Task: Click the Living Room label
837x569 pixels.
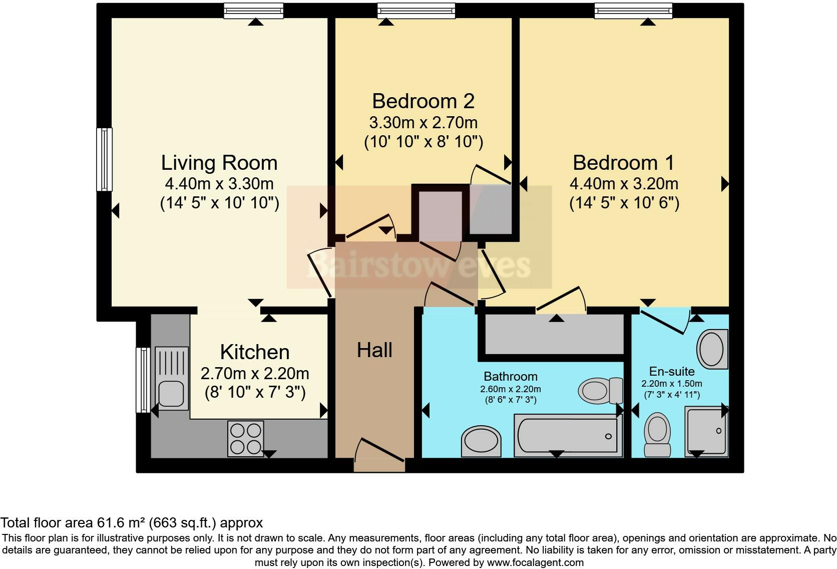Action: (219, 163)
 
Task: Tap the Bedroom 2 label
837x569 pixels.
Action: (424, 101)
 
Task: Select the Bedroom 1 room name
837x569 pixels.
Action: (624, 163)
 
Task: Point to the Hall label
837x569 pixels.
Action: (374, 350)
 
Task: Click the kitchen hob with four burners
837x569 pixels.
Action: (245, 439)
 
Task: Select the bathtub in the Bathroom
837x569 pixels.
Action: (568, 435)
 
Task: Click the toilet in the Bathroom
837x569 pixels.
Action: (600, 391)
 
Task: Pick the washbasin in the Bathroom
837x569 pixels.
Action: (481, 441)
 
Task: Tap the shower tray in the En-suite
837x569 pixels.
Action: (706, 431)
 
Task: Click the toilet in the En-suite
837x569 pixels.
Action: (657, 434)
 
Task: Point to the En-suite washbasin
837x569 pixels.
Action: (712, 349)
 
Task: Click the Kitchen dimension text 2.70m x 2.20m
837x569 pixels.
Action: (255, 374)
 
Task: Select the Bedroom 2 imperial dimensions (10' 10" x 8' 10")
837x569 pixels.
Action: (424, 142)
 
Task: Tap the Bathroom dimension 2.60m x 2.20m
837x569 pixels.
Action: (511, 389)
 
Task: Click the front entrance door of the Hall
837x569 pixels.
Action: (379, 455)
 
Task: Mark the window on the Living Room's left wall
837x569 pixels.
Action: (104, 160)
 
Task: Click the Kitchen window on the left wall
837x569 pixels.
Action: (143, 380)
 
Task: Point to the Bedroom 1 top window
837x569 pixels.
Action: (633, 11)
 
